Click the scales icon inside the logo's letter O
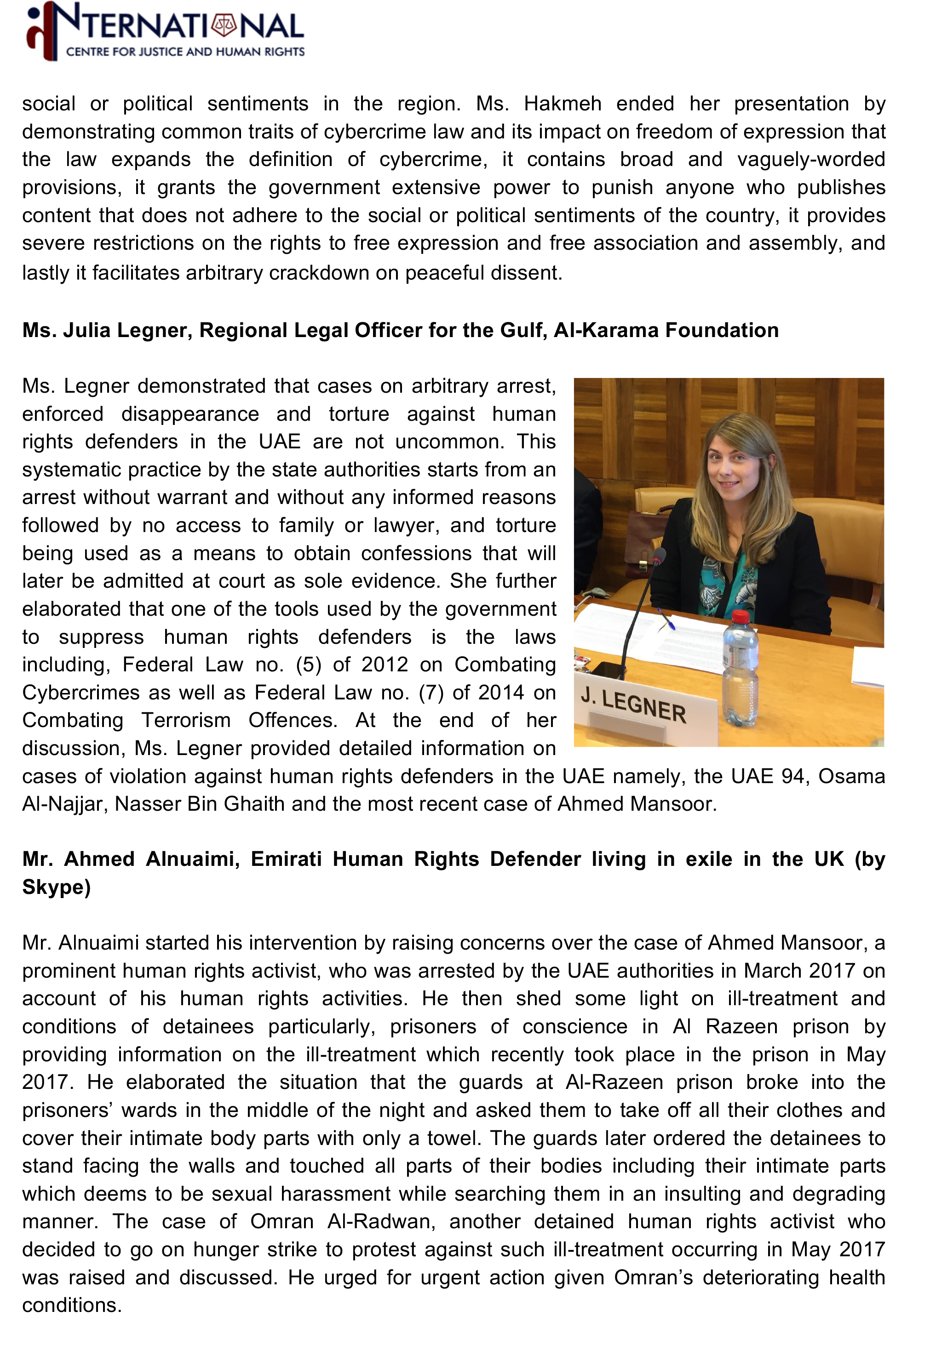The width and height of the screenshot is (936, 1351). (x=224, y=26)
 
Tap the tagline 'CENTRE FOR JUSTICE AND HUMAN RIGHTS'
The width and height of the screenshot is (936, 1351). (x=185, y=52)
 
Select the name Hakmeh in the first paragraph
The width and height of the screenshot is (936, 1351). (x=563, y=104)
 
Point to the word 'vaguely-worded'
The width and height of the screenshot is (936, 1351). (x=810, y=160)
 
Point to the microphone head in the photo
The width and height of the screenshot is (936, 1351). (x=660, y=555)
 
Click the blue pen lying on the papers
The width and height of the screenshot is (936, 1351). (x=666, y=618)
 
